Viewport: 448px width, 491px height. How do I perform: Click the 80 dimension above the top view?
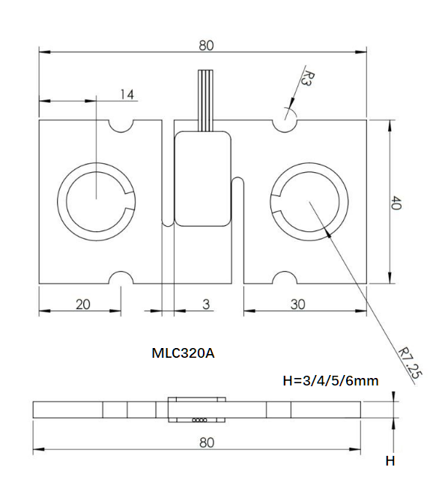point(206,45)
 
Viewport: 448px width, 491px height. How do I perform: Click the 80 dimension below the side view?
point(207,442)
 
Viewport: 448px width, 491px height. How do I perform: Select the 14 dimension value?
point(127,94)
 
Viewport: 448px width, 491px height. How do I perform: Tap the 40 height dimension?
point(397,202)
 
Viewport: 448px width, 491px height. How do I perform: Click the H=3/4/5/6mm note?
point(330,381)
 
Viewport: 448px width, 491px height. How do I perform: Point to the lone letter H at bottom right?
point(390,461)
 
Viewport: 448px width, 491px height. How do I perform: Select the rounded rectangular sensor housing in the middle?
point(202,178)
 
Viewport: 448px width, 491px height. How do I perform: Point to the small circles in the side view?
point(200,421)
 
